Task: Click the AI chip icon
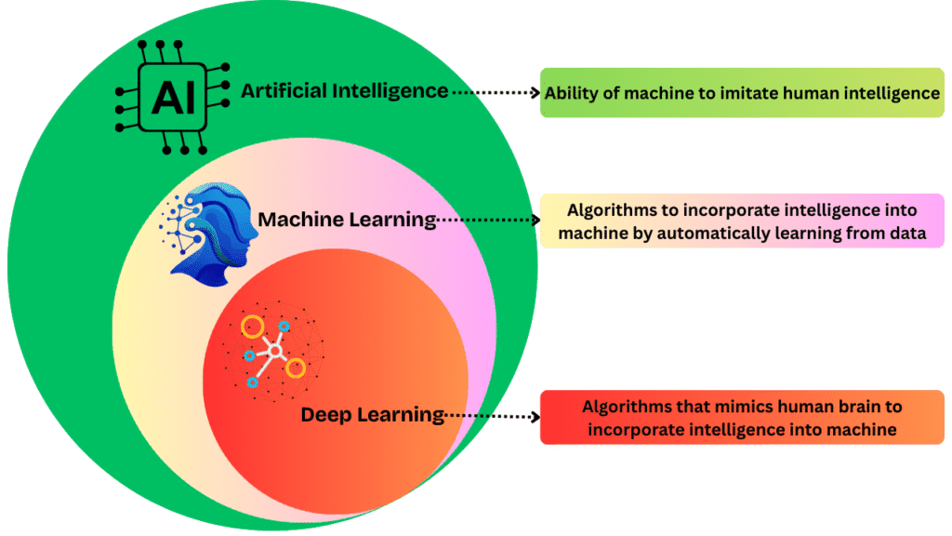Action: pyautogui.click(x=173, y=97)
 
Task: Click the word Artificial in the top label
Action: pyautogui.click(x=283, y=91)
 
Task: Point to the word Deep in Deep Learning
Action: pyautogui.click(x=324, y=414)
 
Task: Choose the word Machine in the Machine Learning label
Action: pyautogui.click(x=303, y=220)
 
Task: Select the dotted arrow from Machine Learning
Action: pyautogui.click(x=489, y=221)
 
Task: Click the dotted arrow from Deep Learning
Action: pyautogui.click(x=493, y=415)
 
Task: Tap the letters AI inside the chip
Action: pyautogui.click(x=173, y=97)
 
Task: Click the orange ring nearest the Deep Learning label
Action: pyautogui.click(x=295, y=368)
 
